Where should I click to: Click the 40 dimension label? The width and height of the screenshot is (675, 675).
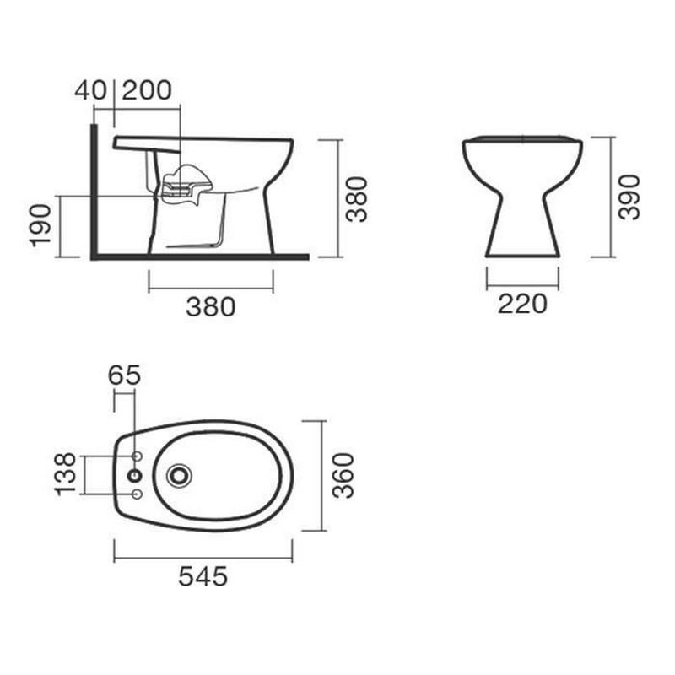click(90, 90)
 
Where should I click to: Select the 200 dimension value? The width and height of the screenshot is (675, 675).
click(147, 90)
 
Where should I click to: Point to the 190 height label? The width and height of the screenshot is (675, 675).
click(40, 226)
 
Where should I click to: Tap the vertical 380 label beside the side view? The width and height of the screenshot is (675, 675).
click(357, 199)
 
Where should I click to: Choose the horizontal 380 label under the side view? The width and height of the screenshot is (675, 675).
click(210, 307)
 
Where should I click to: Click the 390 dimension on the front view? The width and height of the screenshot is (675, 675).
click(629, 197)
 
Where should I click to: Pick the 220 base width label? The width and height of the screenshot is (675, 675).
click(522, 304)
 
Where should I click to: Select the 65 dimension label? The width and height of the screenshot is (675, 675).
click(124, 375)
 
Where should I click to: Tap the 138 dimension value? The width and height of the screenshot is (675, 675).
click(65, 474)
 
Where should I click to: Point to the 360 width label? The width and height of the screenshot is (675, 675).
click(343, 476)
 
